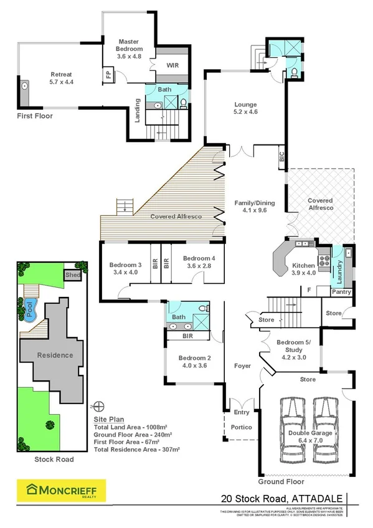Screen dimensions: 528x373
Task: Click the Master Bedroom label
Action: tap(130, 49)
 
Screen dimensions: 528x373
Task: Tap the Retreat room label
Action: tap(62, 77)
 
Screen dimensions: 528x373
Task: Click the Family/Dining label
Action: tap(253, 207)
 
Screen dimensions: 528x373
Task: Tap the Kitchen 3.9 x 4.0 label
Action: tap(304, 269)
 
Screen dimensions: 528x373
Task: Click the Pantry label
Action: tap(341, 292)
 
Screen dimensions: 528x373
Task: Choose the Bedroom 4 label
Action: tap(199, 262)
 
